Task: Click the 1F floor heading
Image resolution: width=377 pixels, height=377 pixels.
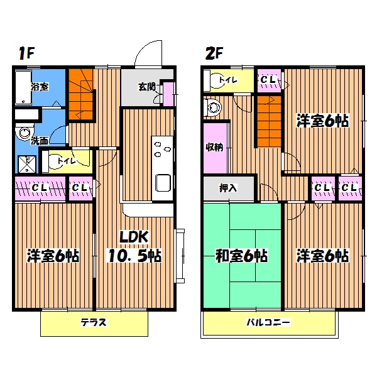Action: click(x=26, y=53)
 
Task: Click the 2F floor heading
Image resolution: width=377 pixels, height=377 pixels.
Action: click(x=214, y=53)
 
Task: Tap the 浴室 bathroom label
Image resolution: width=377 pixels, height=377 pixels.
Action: click(x=40, y=87)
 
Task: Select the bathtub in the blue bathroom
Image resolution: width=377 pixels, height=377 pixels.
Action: click(x=23, y=87)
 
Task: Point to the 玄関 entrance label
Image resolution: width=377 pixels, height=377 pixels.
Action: click(x=146, y=87)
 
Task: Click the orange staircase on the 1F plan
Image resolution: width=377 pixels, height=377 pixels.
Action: click(x=81, y=94)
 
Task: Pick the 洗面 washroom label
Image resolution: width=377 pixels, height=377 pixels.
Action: click(x=40, y=141)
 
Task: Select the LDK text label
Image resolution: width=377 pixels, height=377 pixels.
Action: click(x=134, y=237)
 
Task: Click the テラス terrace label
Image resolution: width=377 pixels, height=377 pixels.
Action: click(x=93, y=322)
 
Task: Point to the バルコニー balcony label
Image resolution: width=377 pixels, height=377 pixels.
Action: click(x=268, y=322)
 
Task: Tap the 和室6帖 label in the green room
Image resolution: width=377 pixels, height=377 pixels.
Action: click(x=241, y=256)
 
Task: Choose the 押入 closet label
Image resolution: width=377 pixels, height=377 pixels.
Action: click(x=228, y=188)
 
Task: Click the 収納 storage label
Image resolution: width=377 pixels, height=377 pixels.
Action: click(x=214, y=147)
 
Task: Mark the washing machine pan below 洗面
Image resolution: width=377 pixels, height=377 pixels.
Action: click(x=28, y=165)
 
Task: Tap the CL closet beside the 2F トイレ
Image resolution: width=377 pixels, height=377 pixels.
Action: click(x=270, y=80)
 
